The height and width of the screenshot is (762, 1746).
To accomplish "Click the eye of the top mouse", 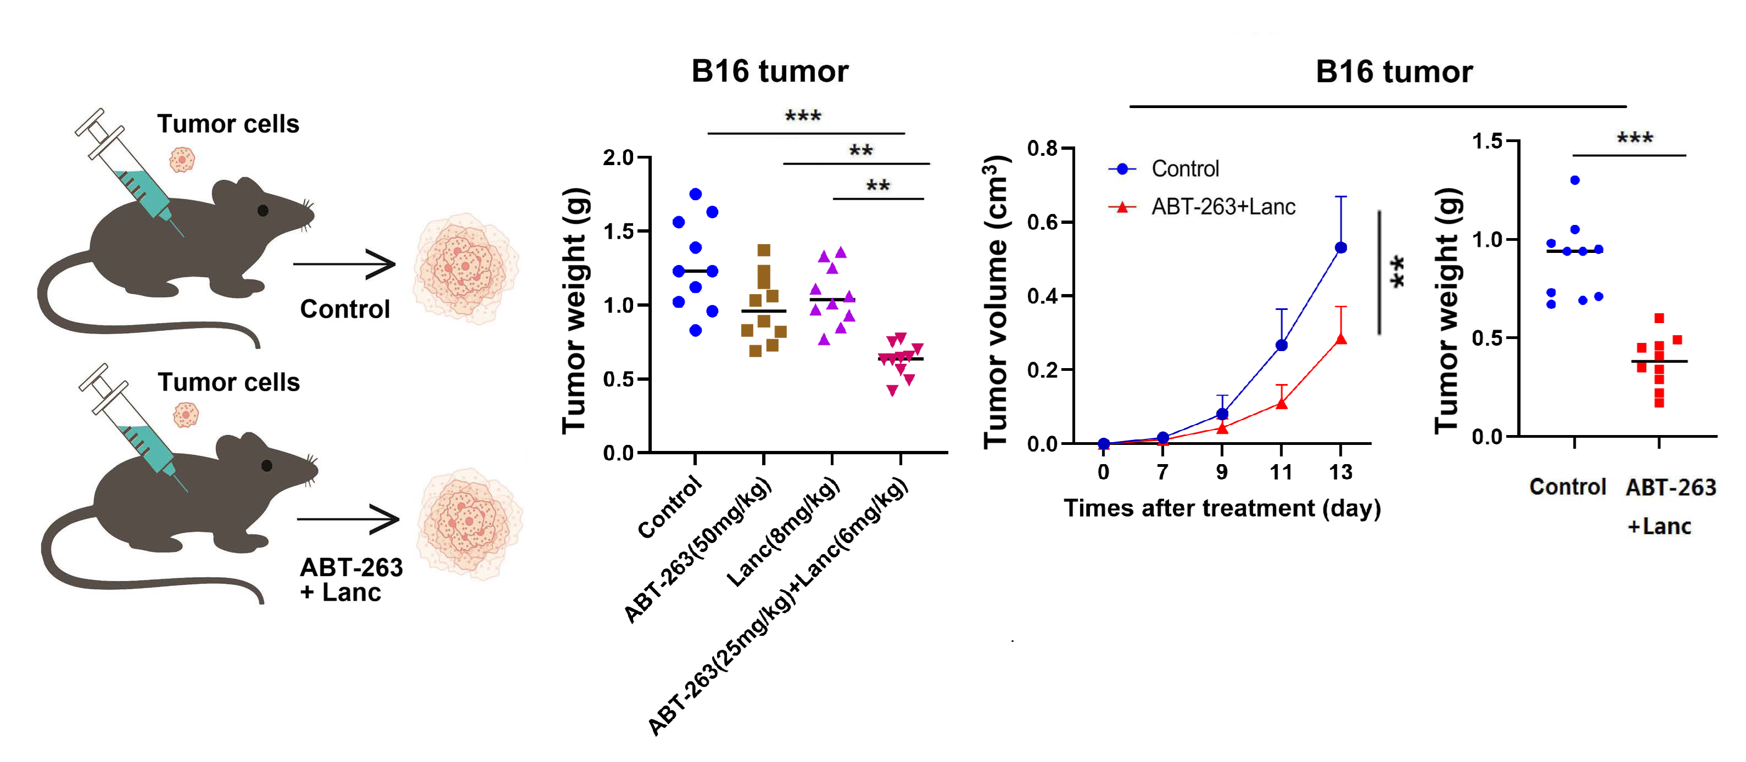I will coord(263,211).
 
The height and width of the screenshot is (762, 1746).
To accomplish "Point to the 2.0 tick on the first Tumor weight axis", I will coord(618,158).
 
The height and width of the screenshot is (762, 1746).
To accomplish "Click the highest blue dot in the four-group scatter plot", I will coord(696,194).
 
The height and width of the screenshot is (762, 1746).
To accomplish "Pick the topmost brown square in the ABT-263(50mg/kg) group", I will coord(764,250).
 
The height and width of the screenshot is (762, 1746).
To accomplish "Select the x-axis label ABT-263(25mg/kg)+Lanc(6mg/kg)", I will coord(778,607).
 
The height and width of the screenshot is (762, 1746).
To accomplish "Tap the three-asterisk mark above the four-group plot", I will coord(803,116).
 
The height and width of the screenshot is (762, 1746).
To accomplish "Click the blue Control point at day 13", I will coord(1341,248).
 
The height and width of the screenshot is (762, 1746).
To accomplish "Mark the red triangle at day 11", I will coord(1281,404).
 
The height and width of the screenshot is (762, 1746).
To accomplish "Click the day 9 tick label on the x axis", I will coord(1222,472).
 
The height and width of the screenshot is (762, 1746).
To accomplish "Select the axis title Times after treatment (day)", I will coord(1222,508).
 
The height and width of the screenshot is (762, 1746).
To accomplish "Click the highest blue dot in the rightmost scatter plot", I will coord(1575,180).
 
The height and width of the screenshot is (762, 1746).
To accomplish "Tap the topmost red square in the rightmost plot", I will coord(1659,318).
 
